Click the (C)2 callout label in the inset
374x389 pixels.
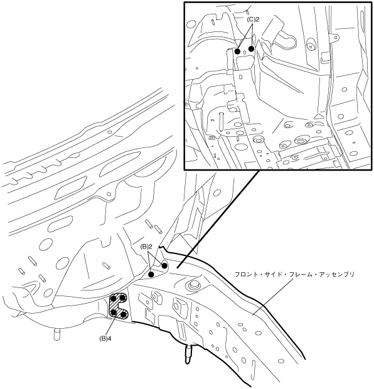tap(253, 19)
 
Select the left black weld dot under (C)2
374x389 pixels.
tap(237, 51)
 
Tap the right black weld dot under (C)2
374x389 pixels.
tap(252, 49)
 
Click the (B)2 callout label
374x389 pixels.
tap(146, 247)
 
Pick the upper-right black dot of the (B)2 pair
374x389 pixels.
tap(164, 265)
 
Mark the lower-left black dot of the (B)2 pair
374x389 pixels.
tap(151, 274)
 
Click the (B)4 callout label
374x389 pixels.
tap(105, 338)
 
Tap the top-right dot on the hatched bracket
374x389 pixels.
tap(123, 297)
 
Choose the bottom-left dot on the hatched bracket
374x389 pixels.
tap(114, 312)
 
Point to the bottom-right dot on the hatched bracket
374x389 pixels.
tap(124, 314)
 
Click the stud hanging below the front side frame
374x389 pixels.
tap(189, 354)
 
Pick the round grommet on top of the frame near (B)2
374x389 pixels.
tap(194, 286)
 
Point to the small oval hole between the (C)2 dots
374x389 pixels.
tap(245, 52)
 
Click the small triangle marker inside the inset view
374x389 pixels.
tap(318, 116)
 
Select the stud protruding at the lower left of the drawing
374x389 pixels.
tap(57, 334)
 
